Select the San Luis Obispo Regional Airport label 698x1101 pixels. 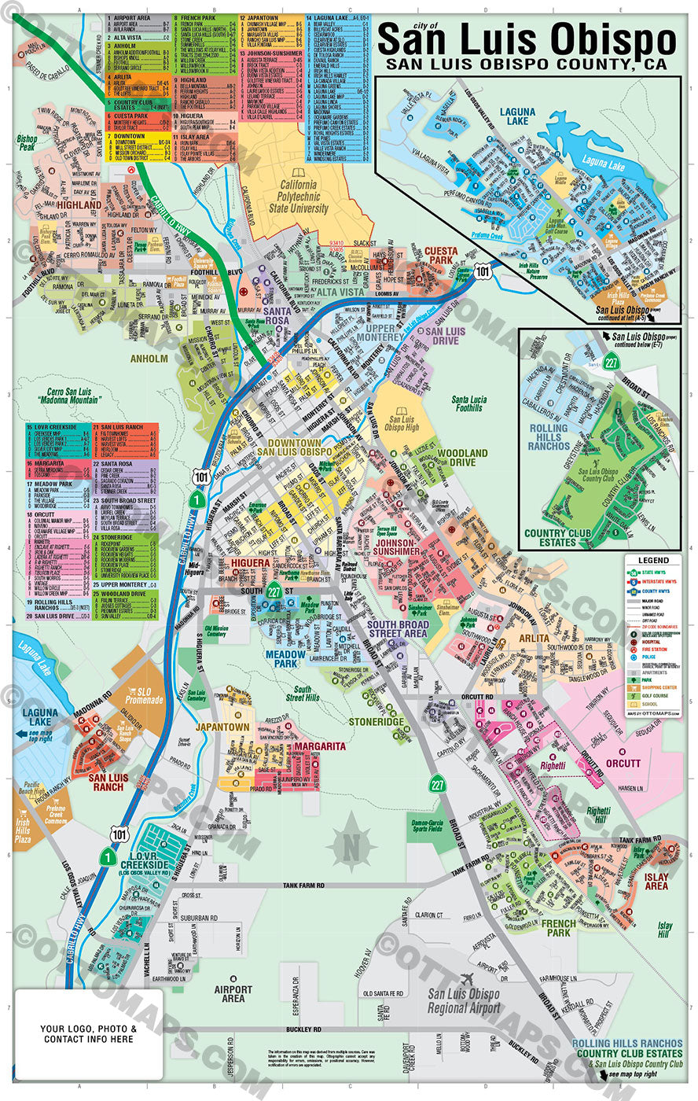click(x=463, y=1000)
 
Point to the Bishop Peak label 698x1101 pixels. click(x=27, y=142)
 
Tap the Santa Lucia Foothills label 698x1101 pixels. click(x=468, y=403)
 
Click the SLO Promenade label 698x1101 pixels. click(x=144, y=696)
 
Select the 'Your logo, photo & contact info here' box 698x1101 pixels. click(x=89, y=1033)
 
